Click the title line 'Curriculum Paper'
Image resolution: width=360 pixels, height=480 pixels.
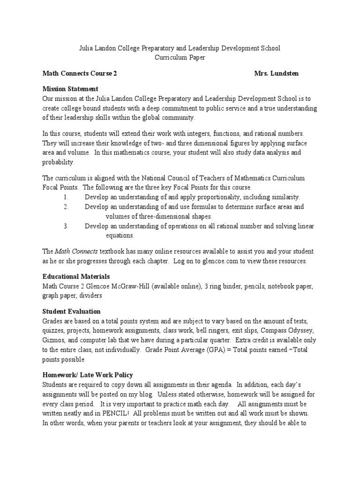click(180, 57)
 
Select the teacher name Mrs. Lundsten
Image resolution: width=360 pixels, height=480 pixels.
click(276, 74)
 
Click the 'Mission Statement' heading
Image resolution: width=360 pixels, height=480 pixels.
click(70, 89)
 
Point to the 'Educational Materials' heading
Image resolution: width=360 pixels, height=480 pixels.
click(76, 277)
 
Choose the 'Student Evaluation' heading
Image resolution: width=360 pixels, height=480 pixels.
click(71, 311)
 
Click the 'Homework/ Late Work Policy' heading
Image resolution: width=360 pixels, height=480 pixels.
click(88, 375)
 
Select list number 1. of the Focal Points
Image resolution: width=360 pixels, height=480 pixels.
click(66, 197)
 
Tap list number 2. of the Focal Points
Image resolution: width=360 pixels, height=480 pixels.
click(66, 207)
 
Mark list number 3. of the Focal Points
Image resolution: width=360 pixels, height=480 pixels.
click(66, 226)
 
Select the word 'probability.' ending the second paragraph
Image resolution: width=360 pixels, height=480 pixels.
click(58, 162)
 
